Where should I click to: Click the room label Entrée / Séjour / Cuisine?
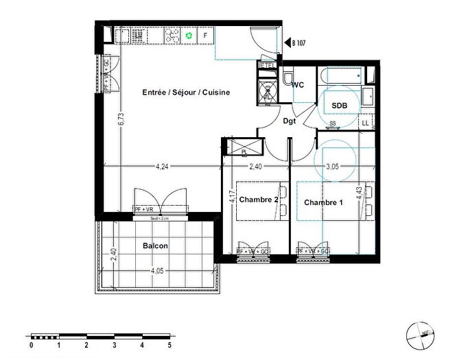coord(185,93)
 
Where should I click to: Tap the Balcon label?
coord(155,245)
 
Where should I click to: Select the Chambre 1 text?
coord(323,202)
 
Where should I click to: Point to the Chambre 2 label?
coord(258,200)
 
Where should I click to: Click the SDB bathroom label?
coord(339,105)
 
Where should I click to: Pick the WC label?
coord(298,85)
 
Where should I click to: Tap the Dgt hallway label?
coord(290,121)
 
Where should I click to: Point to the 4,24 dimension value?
coord(162,166)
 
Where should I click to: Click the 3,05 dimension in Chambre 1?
coord(332,166)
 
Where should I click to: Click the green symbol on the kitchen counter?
coord(189,35)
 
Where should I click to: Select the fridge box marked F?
coord(205,35)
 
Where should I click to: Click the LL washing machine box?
coord(365,123)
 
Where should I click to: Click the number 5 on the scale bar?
coord(169,346)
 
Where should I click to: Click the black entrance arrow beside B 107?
coord(288,42)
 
